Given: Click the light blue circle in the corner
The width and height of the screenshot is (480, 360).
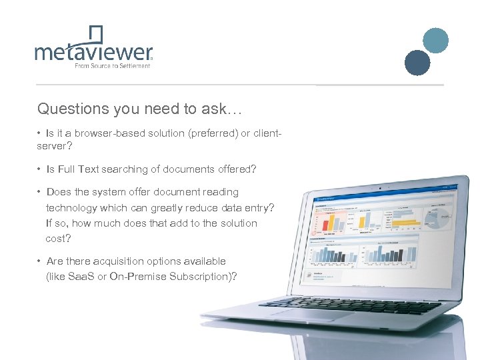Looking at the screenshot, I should click(436, 40).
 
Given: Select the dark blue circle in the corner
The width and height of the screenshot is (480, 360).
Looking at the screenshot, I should click(418, 63).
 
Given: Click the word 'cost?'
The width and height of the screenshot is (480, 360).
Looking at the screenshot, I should click(58, 238).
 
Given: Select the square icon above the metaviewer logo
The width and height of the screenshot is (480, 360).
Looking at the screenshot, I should click(97, 33).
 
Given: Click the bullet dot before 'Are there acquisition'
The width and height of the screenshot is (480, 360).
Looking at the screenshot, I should click(40, 261).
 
